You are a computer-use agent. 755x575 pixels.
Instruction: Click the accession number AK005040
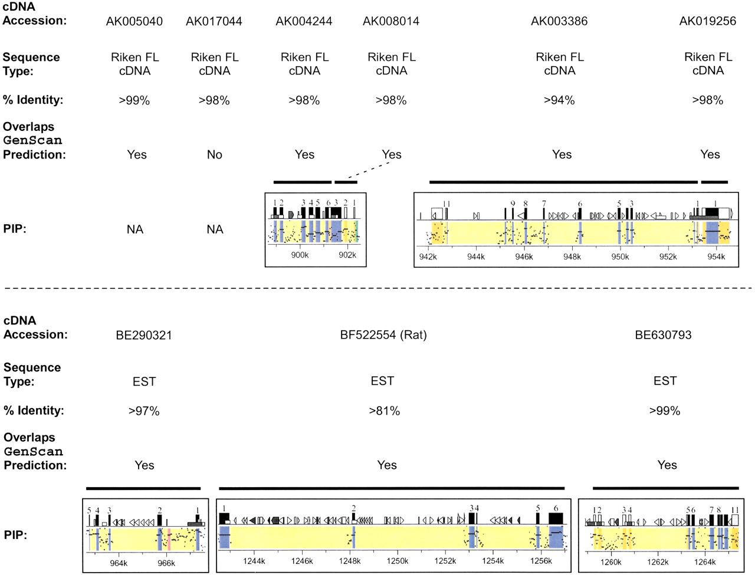point(134,22)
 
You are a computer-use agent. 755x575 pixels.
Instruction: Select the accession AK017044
point(214,22)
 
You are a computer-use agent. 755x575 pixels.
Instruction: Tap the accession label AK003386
point(559,22)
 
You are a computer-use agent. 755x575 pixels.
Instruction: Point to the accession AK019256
point(708,22)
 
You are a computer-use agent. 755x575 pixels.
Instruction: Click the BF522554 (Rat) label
point(383,335)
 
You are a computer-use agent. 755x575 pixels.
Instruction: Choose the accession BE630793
point(663,335)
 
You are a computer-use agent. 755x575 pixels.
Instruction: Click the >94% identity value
point(559,100)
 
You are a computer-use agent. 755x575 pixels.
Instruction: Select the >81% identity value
point(384,411)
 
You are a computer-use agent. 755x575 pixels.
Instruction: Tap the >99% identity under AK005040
point(134,100)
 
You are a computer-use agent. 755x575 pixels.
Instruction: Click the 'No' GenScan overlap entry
point(214,155)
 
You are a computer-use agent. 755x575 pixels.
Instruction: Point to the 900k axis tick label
point(300,255)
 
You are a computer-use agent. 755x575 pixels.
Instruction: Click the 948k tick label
point(572,257)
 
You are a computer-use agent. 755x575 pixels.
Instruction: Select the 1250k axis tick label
point(398,561)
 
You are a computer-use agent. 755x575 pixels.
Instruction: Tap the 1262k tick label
point(658,562)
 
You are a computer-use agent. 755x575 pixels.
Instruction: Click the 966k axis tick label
point(166,563)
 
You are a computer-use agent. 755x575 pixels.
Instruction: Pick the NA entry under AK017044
point(215,229)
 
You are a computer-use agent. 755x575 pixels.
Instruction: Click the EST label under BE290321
point(144,382)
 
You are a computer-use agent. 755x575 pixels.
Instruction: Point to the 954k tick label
point(716,257)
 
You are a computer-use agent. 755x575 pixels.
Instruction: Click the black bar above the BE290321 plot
point(143,488)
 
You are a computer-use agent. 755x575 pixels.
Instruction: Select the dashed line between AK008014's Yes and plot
point(368,170)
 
